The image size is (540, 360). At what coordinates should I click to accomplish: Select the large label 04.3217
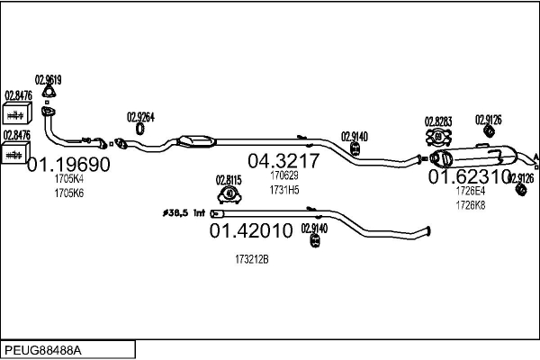(283, 161)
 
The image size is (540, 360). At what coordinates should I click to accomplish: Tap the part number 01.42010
(251, 231)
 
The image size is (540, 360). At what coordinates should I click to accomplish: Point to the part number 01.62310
(468, 176)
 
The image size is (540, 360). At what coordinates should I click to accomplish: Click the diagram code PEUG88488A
(44, 349)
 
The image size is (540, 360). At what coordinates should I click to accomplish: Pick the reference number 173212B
(251, 258)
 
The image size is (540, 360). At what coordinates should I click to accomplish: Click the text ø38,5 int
(185, 213)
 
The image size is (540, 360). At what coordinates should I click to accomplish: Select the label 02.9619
(48, 79)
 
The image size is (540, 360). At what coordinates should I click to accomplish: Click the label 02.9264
(140, 116)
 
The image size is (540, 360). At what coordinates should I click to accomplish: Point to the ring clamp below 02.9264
(140, 133)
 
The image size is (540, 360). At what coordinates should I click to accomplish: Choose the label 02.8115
(229, 178)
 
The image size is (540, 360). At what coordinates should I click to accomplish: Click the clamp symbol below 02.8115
(229, 193)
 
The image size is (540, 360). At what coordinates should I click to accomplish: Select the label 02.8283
(437, 121)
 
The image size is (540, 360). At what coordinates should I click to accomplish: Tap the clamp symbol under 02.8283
(438, 137)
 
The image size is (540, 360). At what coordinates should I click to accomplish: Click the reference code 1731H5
(284, 190)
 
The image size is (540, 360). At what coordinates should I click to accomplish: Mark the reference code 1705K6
(68, 193)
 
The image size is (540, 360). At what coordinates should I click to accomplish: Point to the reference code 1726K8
(469, 204)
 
